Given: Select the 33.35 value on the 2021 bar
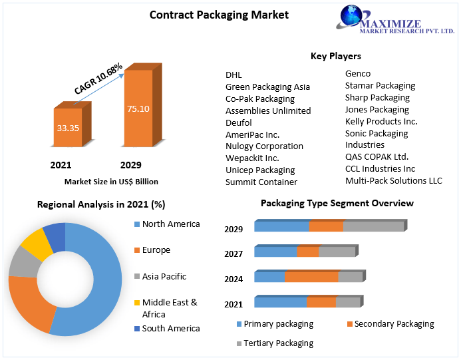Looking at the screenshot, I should pos(67,126).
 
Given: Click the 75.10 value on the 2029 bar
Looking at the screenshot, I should pos(138,108).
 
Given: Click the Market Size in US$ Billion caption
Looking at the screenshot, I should pos(111,181).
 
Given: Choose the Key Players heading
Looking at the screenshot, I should pos(335,56).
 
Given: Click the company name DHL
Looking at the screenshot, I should pos(234,75).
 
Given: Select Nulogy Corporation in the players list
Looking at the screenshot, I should pos(264,146).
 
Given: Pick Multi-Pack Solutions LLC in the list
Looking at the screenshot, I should pos(393,180).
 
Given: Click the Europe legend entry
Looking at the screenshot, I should pos(156,250).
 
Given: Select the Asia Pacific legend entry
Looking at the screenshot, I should pos(164,276).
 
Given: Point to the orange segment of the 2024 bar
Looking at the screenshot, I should pos(311,277).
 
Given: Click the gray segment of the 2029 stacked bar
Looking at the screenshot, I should pos(373,226).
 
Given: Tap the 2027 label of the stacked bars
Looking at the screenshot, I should pos(233,254).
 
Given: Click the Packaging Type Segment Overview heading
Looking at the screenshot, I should pos(337,203).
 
